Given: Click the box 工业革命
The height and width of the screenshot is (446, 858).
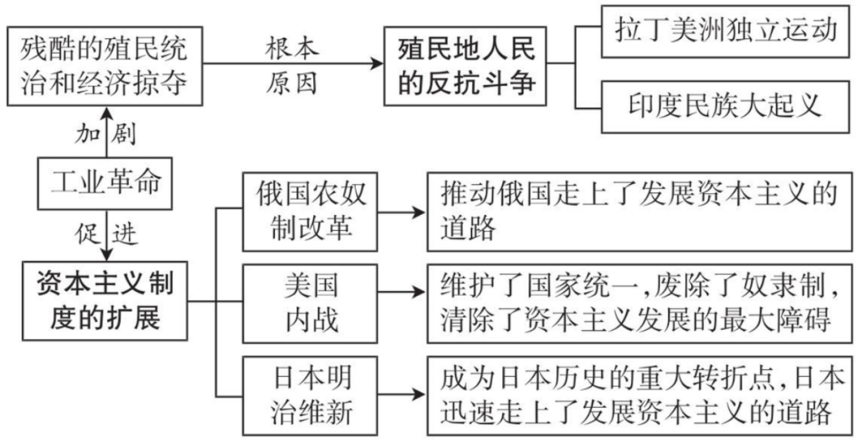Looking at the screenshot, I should pyautogui.click(x=106, y=184).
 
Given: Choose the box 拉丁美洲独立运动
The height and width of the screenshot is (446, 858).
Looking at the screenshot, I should pyautogui.click(x=726, y=31).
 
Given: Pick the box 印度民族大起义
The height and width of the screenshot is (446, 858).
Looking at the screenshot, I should pyautogui.click(x=726, y=105).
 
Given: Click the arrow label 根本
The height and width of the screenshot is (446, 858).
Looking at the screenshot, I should pyautogui.click(x=293, y=47).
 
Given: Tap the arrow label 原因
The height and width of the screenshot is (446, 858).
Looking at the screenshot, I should pyautogui.click(x=293, y=83).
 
